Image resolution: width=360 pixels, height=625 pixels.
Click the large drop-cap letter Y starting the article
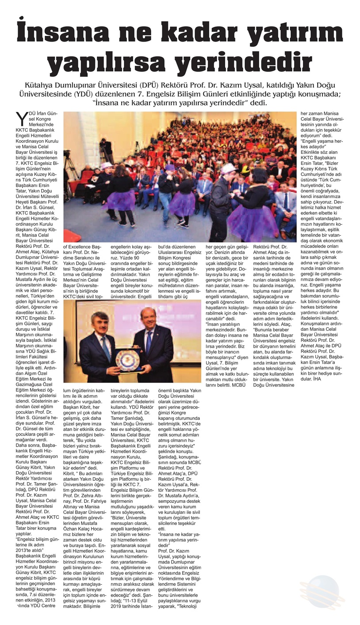pos(21,118)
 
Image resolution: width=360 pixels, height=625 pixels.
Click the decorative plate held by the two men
pos(127,359)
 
